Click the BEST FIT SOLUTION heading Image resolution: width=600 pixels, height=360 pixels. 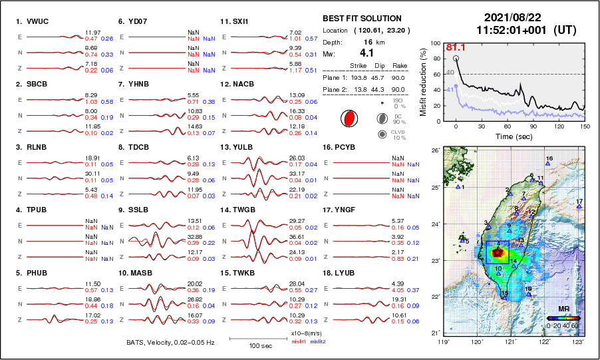point(362,19)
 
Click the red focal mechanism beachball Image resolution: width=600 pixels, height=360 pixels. point(348,119)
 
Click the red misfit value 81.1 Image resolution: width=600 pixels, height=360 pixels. point(455,47)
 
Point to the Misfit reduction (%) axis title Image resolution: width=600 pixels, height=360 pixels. point(423,81)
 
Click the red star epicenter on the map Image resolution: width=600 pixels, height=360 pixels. point(498,252)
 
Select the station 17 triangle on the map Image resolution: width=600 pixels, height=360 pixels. point(579,206)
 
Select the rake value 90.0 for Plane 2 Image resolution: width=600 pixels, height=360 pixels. point(399,89)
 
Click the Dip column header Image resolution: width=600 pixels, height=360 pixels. point(380,65)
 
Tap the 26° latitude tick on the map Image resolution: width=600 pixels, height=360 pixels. point(434,151)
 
